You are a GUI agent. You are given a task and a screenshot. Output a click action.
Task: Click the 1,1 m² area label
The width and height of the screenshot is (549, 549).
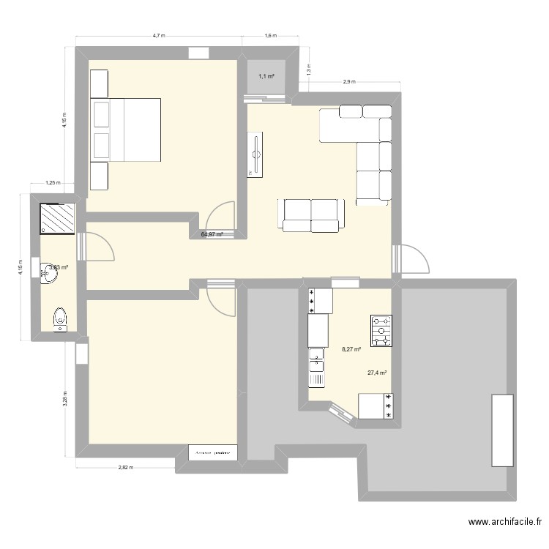(265, 76)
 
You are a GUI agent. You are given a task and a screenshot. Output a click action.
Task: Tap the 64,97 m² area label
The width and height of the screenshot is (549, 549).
(212, 234)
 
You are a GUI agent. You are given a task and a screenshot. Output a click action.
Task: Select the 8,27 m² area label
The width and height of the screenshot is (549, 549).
(352, 350)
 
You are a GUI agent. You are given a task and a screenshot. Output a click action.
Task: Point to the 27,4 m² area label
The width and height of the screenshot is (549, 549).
(377, 373)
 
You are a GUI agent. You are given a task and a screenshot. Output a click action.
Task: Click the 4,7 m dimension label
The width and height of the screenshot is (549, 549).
(159, 34)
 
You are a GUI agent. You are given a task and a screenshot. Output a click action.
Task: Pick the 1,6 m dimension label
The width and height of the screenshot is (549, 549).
(269, 34)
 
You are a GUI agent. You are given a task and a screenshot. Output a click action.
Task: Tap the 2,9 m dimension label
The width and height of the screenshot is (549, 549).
(348, 81)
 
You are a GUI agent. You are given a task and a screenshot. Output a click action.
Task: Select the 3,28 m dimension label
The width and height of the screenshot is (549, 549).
(65, 396)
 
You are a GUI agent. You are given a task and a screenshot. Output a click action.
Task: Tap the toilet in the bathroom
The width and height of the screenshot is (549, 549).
(60, 318)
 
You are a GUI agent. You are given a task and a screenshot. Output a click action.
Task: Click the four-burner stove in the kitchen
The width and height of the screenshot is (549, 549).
(381, 330)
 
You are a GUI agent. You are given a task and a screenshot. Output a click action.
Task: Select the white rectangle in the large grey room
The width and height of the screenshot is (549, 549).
(501, 429)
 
